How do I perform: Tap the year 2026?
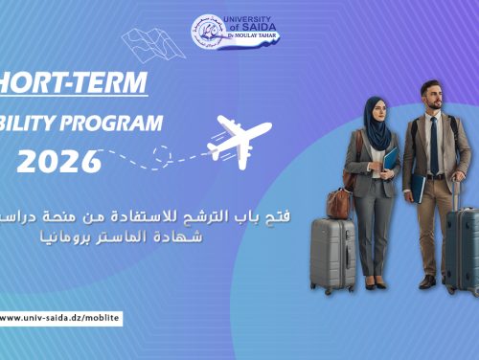tap(58, 159)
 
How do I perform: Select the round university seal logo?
tap(209, 32)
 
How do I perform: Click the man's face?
tap(431, 98)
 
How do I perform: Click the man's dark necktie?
tap(433, 143)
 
